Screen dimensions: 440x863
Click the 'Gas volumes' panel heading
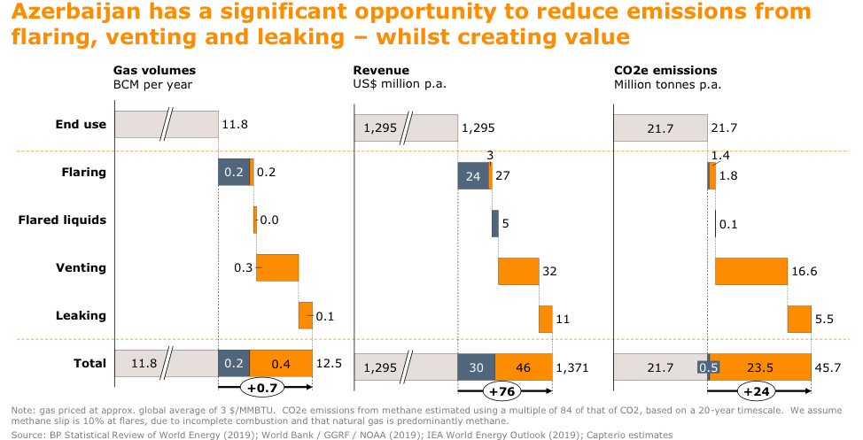tap(154, 71)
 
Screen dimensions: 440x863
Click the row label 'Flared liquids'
tap(63, 220)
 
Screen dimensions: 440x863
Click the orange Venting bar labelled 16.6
tap(751, 271)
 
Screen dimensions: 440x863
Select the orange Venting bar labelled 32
tap(518, 271)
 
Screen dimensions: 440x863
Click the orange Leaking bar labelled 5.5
tap(799, 319)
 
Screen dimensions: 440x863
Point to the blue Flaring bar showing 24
tap(473, 175)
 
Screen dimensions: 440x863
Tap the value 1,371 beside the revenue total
tap(572, 367)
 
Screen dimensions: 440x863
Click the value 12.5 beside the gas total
tap(330, 364)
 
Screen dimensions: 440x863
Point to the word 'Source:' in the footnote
tap(29, 435)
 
